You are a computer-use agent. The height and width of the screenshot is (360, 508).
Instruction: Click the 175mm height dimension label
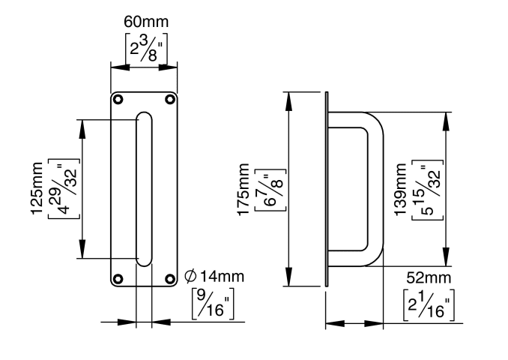pos(244,190)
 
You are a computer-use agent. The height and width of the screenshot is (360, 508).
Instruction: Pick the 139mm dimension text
pos(402,189)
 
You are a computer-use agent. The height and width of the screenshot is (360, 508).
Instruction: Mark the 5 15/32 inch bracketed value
pos(428,189)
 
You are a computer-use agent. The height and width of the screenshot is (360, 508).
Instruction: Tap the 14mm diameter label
pos(221,277)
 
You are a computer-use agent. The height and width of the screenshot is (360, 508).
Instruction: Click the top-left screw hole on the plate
pos(118,98)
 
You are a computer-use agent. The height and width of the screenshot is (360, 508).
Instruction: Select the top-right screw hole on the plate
pos(171,98)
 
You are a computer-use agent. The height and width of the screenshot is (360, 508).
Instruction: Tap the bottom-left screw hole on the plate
pos(118,280)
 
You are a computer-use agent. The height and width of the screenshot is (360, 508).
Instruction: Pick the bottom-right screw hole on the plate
pos(171,280)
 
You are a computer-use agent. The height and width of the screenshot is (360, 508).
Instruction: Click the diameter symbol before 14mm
pos(191,277)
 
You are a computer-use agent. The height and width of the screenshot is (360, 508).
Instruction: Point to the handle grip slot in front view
pos(144,187)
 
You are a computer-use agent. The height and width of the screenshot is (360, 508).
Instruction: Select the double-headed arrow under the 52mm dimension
pos(354,325)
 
